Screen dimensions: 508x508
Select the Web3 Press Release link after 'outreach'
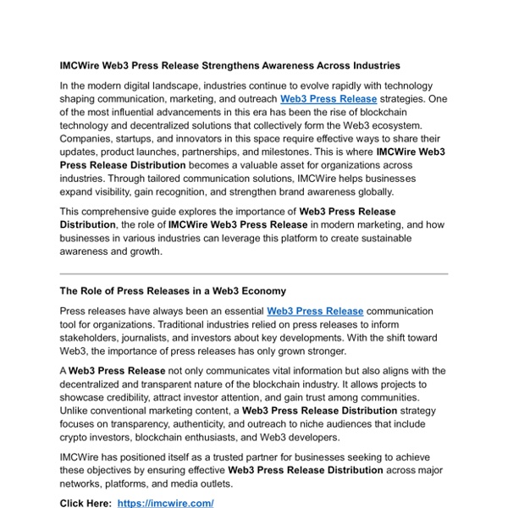(328, 98)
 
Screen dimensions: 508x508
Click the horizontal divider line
(254, 273)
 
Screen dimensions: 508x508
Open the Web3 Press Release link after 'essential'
(315, 312)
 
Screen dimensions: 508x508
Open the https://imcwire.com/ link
(165, 503)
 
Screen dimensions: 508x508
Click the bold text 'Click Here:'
(85, 503)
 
